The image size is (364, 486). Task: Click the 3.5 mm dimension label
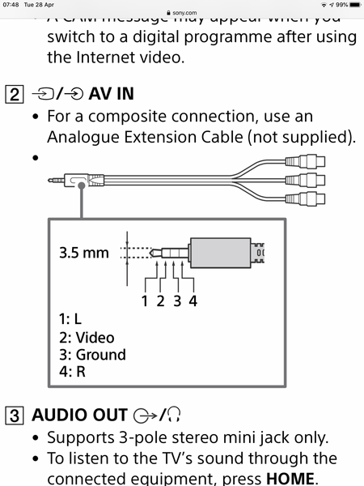(83, 253)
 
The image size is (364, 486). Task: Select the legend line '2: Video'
(87, 337)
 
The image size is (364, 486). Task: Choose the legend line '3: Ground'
(92, 355)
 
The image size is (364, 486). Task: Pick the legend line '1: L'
(71, 320)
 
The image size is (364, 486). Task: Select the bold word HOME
(290, 477)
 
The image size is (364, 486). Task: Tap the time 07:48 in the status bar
(11, 5)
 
